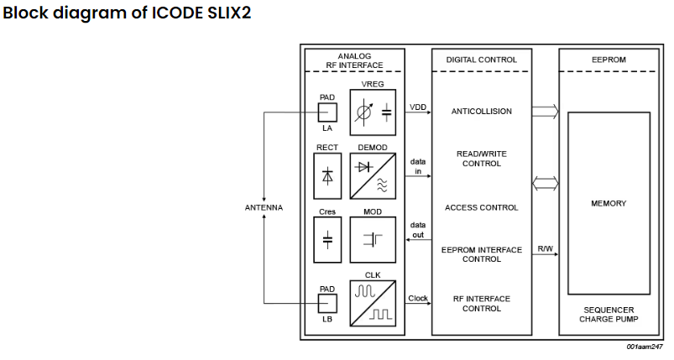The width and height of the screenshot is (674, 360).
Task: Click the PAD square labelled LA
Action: pyautogui.click(x=327, y=112)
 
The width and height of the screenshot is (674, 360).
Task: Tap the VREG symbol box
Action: pyautogui.click(x=373, y=112)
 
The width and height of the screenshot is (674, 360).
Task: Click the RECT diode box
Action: pyautogui.click(x=327, y=175)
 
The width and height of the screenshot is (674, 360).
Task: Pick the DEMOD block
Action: pyautogui.click(x=373, y=175)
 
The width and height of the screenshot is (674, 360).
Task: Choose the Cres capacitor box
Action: pyautogui.click(x=327, y=239)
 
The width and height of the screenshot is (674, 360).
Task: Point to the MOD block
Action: pyautogui.click(x=373, y=239)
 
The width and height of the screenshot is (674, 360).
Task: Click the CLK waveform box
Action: pyautogui.click(x=373, y=305)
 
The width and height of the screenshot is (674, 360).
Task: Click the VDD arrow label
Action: pyautogui.click(x=417, y=107)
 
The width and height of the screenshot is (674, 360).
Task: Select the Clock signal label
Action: pyautogui.click(x=417, y=298)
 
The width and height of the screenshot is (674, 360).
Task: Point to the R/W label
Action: pyautogui.click(x=545, y=249)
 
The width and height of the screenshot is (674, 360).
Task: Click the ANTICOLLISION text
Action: pyautogui.click(x=481, y=111)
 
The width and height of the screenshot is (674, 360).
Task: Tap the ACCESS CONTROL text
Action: pyautogui.click(x=481, y=207)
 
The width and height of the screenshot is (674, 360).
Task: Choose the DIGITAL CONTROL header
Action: pyautogui.click(x=481, y=60)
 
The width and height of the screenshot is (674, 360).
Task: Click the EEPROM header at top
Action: pyautogui.click(x=609, y=60)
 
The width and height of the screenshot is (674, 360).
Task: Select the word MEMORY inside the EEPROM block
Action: pyautogui.click(x=609, y=203)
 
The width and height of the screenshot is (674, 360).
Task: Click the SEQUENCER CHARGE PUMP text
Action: pyautogui.click(x=609, y=314)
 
